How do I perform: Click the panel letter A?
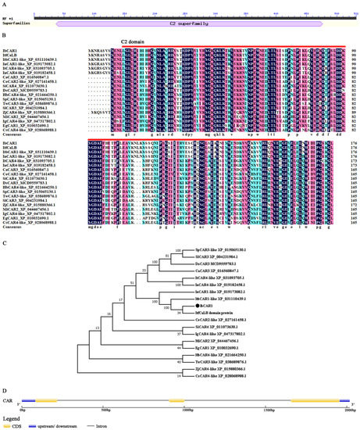click(x=5, y=4)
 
